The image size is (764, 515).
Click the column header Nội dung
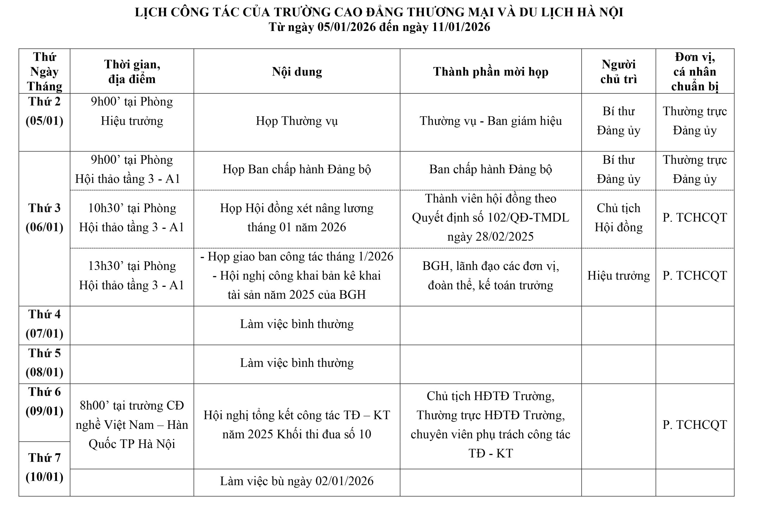297,72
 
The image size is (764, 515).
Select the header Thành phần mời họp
490,72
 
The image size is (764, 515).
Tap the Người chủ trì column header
618,72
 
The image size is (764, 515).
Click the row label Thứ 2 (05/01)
44,111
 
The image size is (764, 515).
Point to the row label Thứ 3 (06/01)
44,217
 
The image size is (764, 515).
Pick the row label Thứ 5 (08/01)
44,363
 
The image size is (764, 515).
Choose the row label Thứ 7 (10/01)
44,467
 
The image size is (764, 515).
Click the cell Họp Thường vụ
297,121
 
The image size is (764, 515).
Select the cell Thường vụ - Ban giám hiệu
490,121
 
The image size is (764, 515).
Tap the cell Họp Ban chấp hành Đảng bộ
297,169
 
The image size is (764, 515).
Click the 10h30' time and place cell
132,217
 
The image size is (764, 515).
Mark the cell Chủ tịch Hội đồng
618,217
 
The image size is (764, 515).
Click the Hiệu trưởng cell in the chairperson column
618,276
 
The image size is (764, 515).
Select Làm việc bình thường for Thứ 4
297,324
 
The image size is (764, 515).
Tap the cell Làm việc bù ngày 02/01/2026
297,481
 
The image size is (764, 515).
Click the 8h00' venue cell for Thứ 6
132,425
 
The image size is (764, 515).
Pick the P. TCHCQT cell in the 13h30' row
694,276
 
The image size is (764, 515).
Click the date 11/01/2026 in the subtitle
461,27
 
